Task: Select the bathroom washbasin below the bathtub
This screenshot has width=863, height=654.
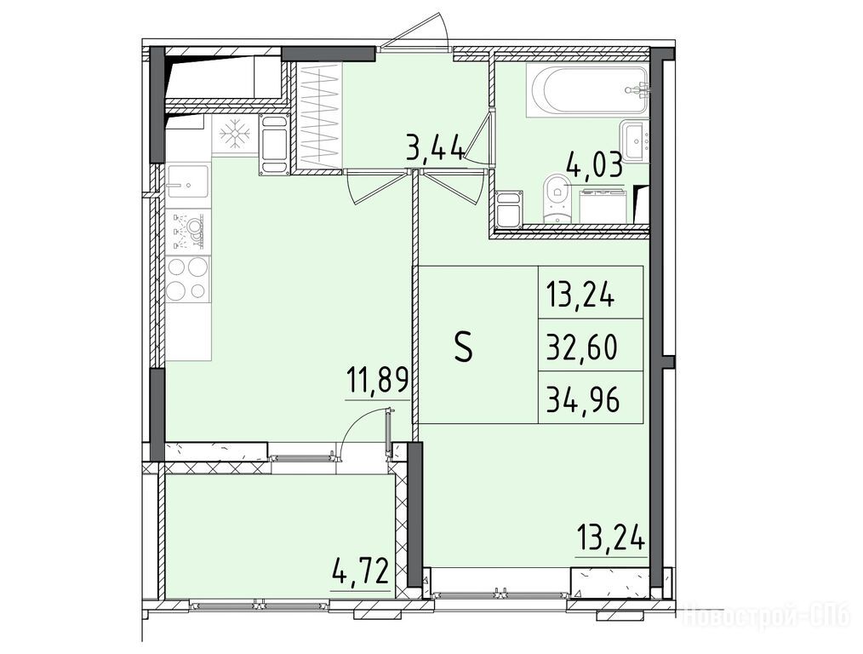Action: click(x=636, y=140)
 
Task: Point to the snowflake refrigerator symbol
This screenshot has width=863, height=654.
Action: click(x=235, y=134)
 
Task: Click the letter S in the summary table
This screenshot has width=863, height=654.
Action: click(x=464, y=348)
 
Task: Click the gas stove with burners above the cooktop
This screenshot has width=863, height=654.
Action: click(x=188, y=230)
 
